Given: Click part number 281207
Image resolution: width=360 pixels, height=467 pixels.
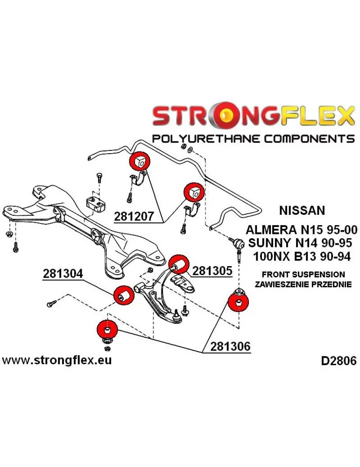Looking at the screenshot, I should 134,216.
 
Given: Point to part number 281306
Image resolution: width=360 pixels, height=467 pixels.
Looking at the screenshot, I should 230,347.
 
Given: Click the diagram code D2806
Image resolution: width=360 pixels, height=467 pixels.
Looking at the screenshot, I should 339,361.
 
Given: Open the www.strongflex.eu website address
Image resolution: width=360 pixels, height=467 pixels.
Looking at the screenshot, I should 57,361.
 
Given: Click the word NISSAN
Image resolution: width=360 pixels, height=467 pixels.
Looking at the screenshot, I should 302,210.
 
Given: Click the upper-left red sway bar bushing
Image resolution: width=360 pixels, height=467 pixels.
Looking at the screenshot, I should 140,162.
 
